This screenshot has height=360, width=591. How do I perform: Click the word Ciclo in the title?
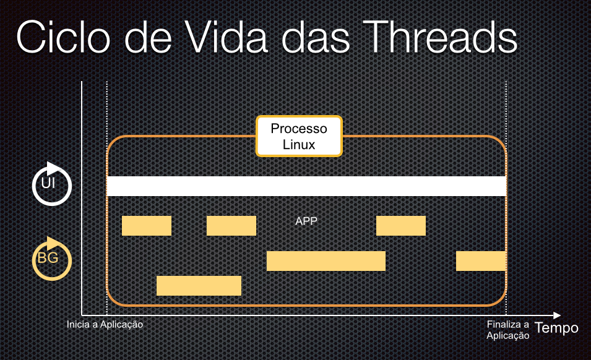[x=63, y=37]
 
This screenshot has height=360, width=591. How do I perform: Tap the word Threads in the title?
[x=440, y=36]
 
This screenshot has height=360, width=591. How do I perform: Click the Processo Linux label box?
[x=299, y=136]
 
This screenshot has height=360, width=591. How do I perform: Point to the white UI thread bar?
[x=306, y=186]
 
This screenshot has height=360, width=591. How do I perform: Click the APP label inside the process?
[x=306, y=221]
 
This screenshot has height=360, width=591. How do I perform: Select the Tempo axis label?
[x=556, y=328]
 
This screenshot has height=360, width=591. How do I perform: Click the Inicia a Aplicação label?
[x=105, y=325]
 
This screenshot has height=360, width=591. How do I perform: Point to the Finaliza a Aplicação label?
[x=507, y=330]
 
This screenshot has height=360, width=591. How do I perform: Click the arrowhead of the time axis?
[x=557, y=315]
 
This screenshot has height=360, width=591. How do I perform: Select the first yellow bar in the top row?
[x=147, y=226]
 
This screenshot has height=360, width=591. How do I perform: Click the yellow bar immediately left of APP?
[x=231, y=226]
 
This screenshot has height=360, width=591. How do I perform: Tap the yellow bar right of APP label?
[x=401, y=226]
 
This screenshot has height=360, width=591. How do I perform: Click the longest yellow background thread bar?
[x=326, y=261]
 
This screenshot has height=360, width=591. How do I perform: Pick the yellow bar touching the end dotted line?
[x=481, y=261]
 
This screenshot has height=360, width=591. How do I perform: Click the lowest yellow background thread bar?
[x=199, y=286]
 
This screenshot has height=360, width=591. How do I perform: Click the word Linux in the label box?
[x=299, y=145]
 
